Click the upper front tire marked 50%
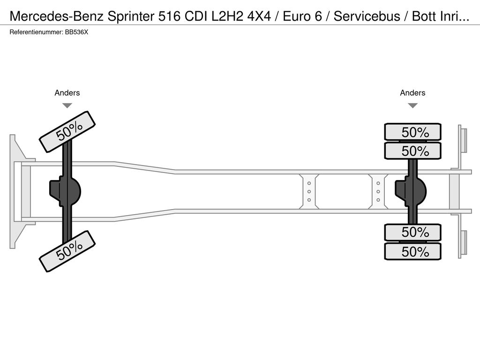[x=67, y=132]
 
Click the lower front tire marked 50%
[x=67, y=251]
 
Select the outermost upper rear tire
[x=412, y=132]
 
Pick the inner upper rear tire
[x=412, y=151]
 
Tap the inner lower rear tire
[x=412, y=232]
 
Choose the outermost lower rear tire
[x=412, y=252]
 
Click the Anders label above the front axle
[x=67, y=93]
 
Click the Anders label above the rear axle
[x=412, y=93]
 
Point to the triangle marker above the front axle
[x=67, y=105]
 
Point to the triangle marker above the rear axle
[x=412, y=105]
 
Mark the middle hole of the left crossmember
[x=309, y=191]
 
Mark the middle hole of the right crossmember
[x=378, y=191]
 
